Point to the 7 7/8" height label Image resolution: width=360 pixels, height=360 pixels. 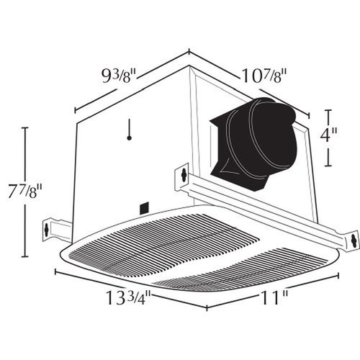click(28, 194)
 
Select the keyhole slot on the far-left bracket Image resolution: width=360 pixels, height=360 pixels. click(48, 230)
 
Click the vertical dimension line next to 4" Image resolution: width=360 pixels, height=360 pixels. click(329, 138)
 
